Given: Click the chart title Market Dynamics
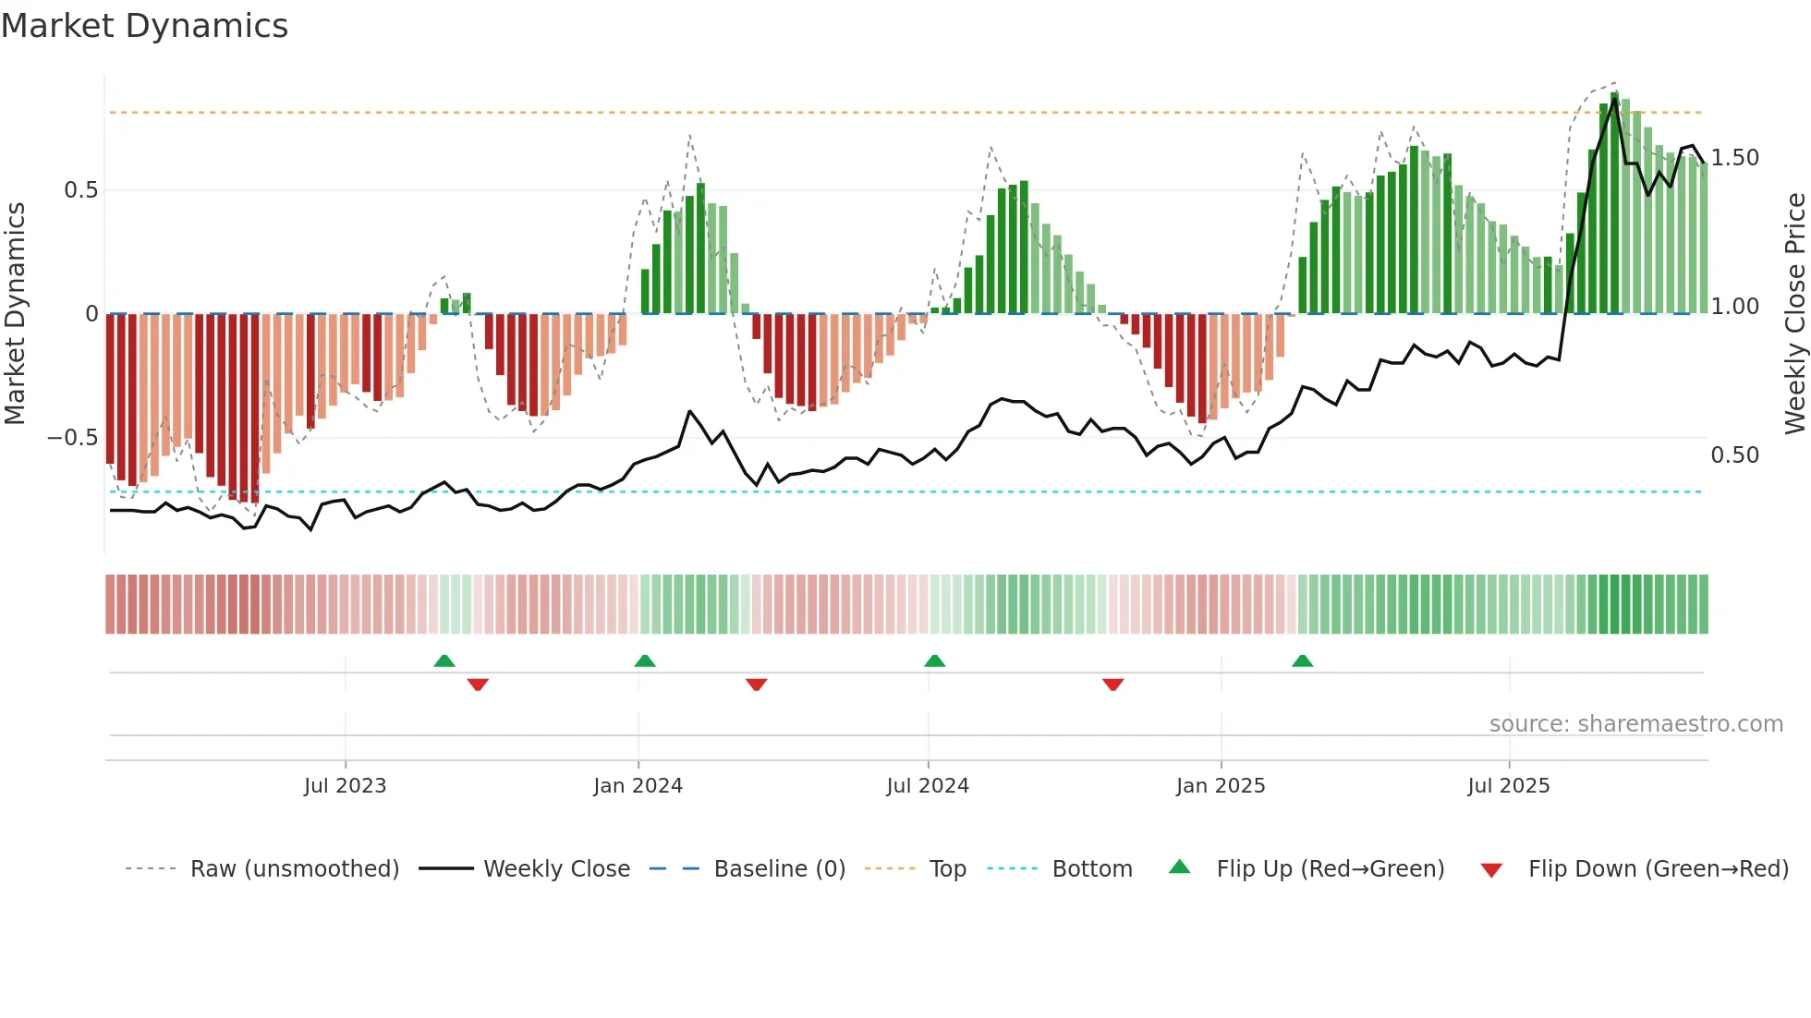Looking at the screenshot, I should (145, 26).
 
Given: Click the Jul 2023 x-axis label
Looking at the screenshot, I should (345, 786).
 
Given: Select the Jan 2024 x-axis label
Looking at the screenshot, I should (638, 786).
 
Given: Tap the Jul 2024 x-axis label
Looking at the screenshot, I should (928, 786).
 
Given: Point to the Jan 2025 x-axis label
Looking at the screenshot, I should (1221, 786).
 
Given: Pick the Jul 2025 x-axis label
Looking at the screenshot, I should (1509, 786).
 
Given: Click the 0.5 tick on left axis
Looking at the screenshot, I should (81, 190).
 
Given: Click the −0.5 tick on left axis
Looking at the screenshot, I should (73, 438).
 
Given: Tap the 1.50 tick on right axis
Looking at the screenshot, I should (1735, 158).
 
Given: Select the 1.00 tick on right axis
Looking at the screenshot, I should (1735, 307).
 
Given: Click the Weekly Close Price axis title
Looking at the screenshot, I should (1794, 314).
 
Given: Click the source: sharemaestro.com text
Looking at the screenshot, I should (1635, 724).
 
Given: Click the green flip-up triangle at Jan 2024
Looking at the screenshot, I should (645, 661).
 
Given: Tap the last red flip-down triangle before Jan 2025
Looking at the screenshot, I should (1112, 685).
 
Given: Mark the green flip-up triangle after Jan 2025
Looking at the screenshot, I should (1302, 661).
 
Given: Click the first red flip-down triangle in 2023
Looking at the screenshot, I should (478, 685).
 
